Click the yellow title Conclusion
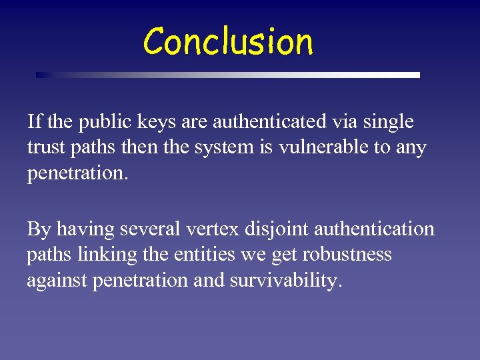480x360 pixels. click(228, 41)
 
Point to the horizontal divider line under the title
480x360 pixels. click(228, 75)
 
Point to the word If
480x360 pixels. click(34, 122)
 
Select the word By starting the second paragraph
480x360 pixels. click(39, 229)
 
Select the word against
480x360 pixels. click(56, 281)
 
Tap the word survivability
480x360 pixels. click(285, 281)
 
